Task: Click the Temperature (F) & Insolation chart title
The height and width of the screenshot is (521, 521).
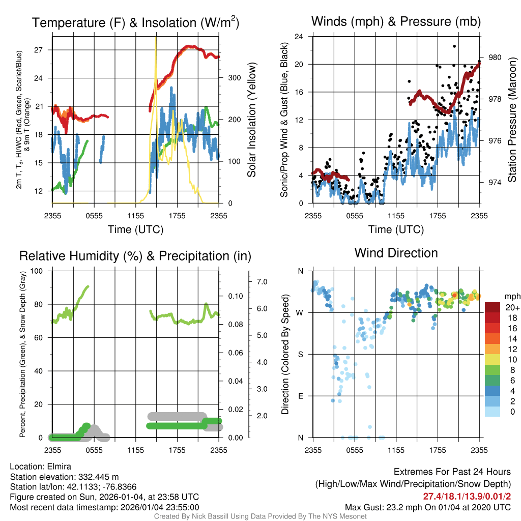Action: pyautogui.click(x=135, y=22)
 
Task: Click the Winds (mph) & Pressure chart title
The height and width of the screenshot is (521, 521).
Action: pyautogui.click(x=396, y=21)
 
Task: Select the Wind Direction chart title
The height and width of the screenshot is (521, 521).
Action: pyautogui.click(x=396, y=253)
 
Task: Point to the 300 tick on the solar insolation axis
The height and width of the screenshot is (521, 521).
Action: pyautogui.click(x=234, y=78)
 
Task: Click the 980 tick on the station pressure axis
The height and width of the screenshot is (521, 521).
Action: pyautogui.click(x=495, y=57)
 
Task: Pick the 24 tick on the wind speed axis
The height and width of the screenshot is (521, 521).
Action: pyautogui.click(x=299, y=37)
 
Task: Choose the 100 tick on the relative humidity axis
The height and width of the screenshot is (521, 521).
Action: pyautogui.click(x=37, y=271)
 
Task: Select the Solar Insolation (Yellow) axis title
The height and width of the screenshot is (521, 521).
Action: pyautogui.click(x=251, y=120)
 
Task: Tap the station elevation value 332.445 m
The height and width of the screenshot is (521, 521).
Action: pyautogui.click(x=98, y=477)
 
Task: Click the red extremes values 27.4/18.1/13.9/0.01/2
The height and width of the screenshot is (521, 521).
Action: pyautogui.click(x=467, y=496)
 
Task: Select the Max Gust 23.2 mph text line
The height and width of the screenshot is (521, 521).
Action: pyautogui.click(x=427, y=507)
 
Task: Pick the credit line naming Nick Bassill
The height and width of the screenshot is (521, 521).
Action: pyautogui.click(x=260, y=516)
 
